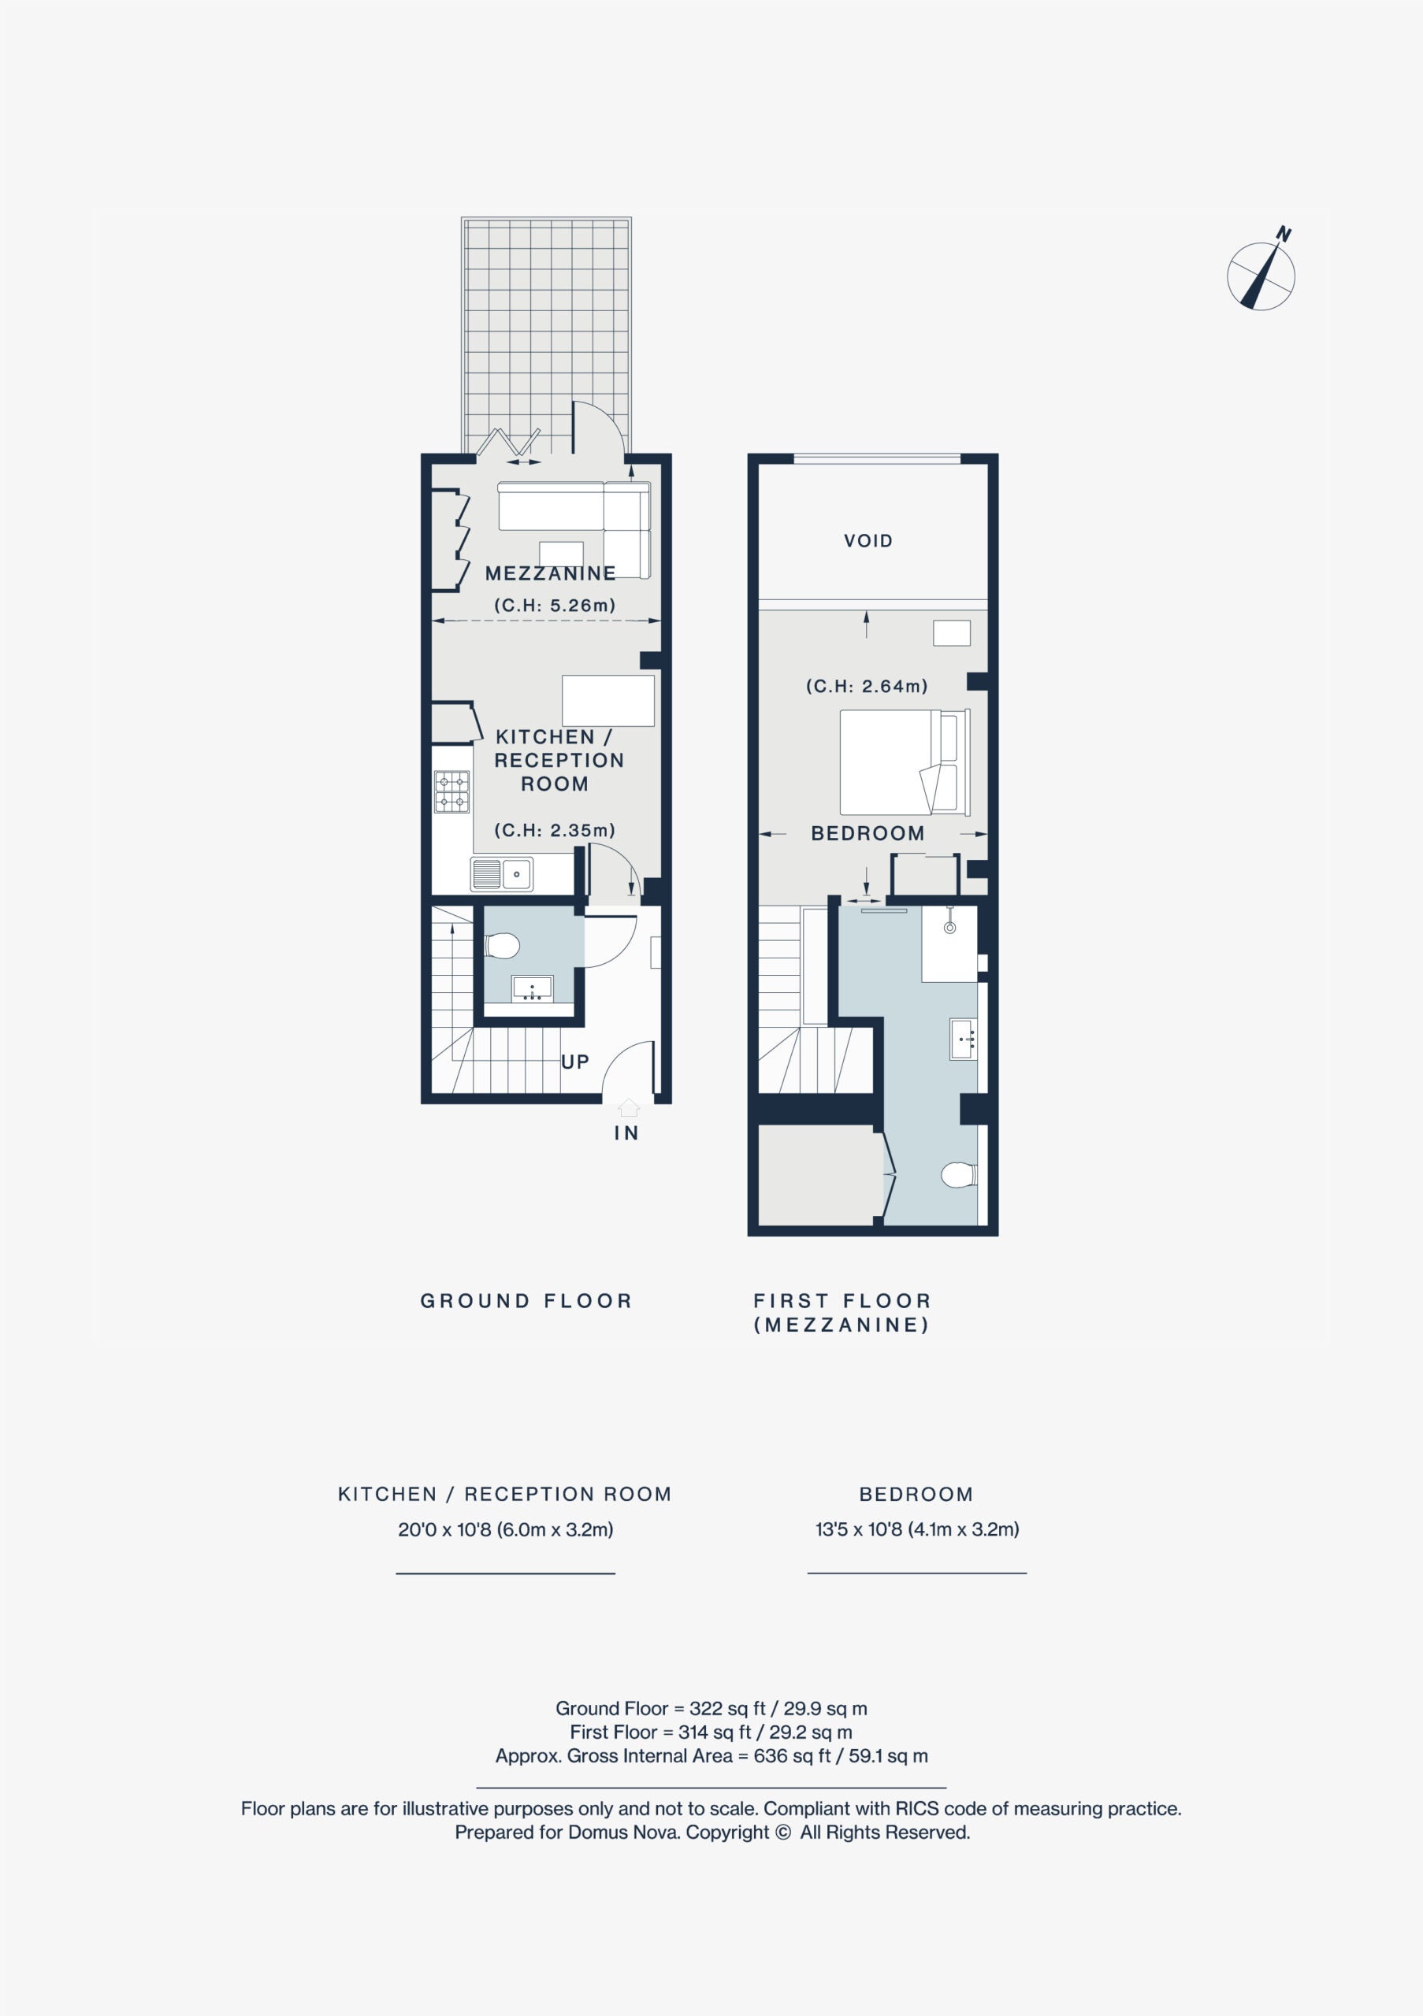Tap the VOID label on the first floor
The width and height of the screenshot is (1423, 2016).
coord(868,541)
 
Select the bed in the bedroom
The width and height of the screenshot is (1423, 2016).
coord(905,762)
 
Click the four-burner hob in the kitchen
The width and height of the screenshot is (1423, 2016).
coord(451,791)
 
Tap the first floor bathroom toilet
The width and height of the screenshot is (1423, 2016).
coord(958,1175)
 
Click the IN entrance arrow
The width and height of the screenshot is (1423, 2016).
coord(627,1108)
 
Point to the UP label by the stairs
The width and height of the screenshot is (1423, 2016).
coord(574,1062)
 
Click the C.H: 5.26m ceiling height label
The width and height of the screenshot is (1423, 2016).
coord(554,605)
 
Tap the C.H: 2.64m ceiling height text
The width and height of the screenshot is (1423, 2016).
coord(867,686)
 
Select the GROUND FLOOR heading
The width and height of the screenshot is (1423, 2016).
coord(526,1300)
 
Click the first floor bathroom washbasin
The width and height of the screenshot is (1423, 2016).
coord(964,1039)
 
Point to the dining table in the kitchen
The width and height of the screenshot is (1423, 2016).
coord(607,700)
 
